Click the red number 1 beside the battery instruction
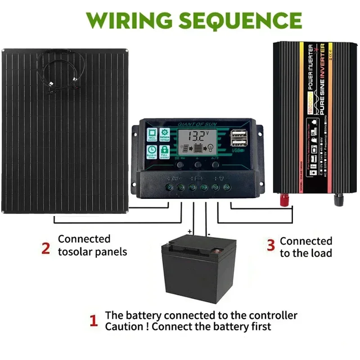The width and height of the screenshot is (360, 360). click(94, 321)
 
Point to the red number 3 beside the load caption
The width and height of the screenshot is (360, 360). click(270, 245)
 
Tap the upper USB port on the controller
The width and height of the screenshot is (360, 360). click(237, 133)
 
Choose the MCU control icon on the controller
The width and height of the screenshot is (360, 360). click(152, 133)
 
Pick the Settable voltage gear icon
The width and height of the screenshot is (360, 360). click(165, 133)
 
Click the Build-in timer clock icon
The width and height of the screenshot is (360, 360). click(152, 150)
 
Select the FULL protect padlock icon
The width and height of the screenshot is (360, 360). click(165, 150)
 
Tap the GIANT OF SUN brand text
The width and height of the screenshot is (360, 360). click(195, 123)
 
